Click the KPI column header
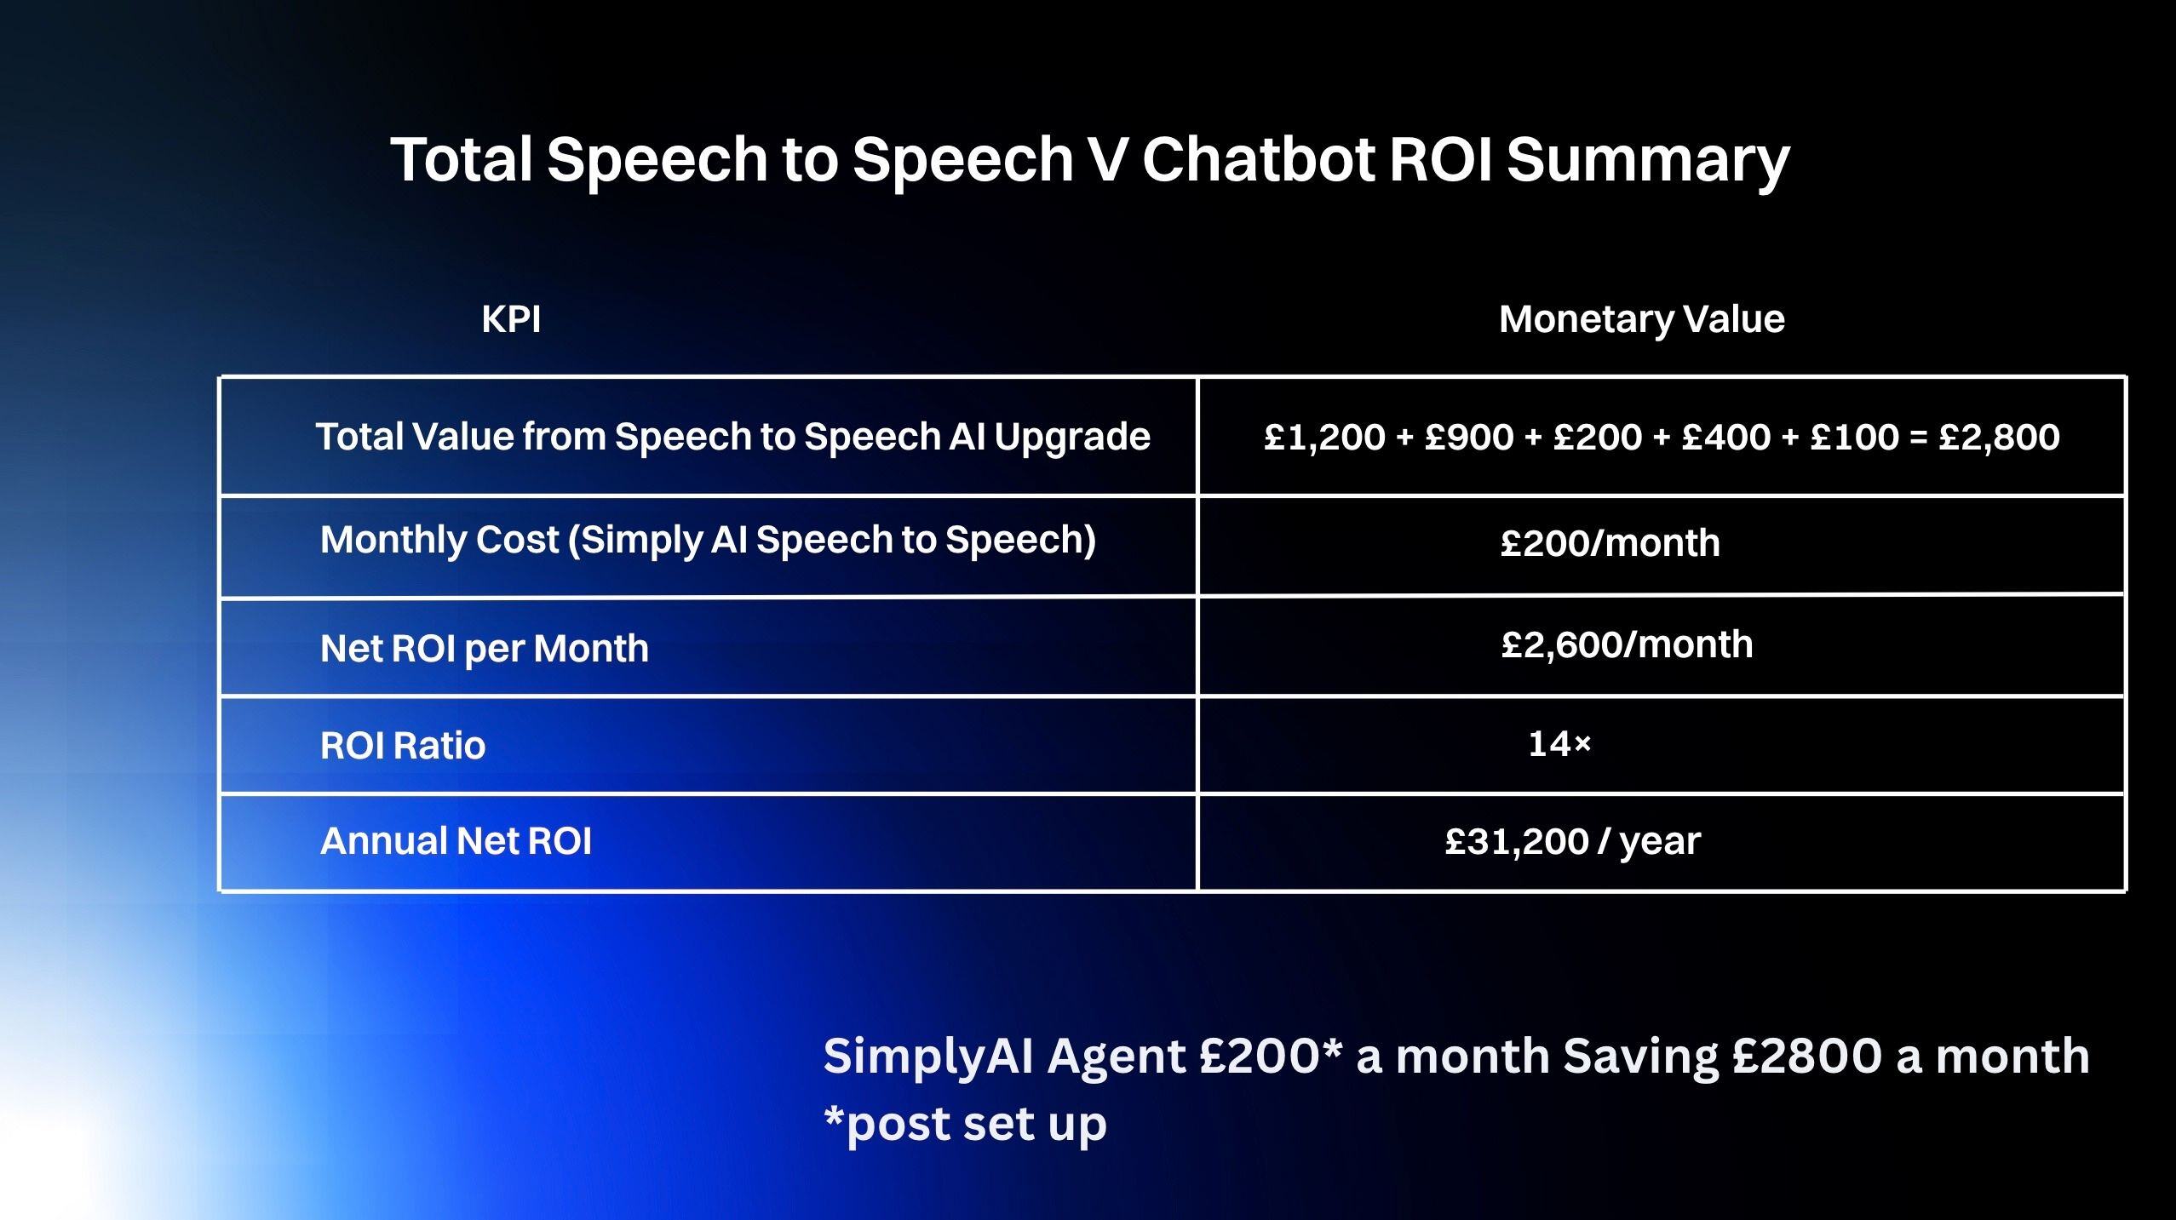coord(511,320)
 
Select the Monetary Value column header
coord(1641,320)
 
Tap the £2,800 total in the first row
coord(1999,438)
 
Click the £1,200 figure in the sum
coord(1324,438)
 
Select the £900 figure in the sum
coord(1469,438)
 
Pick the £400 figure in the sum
coord(1726,438)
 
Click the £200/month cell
coord(1610,543)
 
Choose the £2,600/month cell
coord(1627,644)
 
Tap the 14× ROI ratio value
coord(1559,745)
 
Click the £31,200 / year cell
coord(1572,841)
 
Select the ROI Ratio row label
coord(403,746)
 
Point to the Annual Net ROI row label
coord(456,841)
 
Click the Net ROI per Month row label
coord(484,649)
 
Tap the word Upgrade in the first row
coord(1071,438)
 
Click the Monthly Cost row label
coord(707,540)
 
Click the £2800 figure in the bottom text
coord(1806,1057)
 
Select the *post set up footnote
coord(965,1125)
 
